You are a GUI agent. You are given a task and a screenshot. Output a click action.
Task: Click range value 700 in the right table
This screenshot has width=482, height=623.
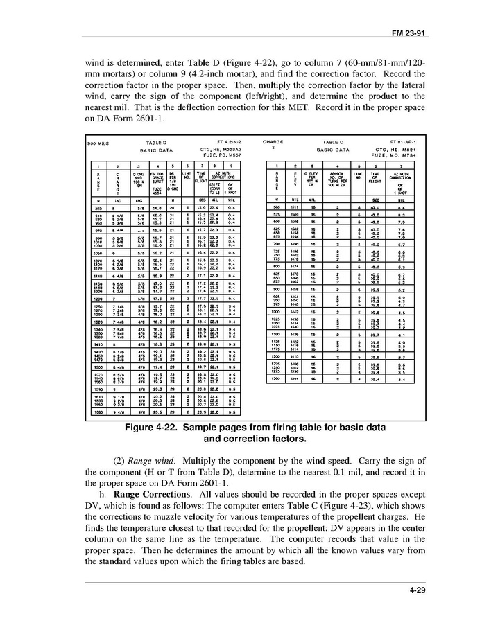tap(277, 244)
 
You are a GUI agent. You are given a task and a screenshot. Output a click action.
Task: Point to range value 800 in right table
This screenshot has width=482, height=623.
tap(277, 265)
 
